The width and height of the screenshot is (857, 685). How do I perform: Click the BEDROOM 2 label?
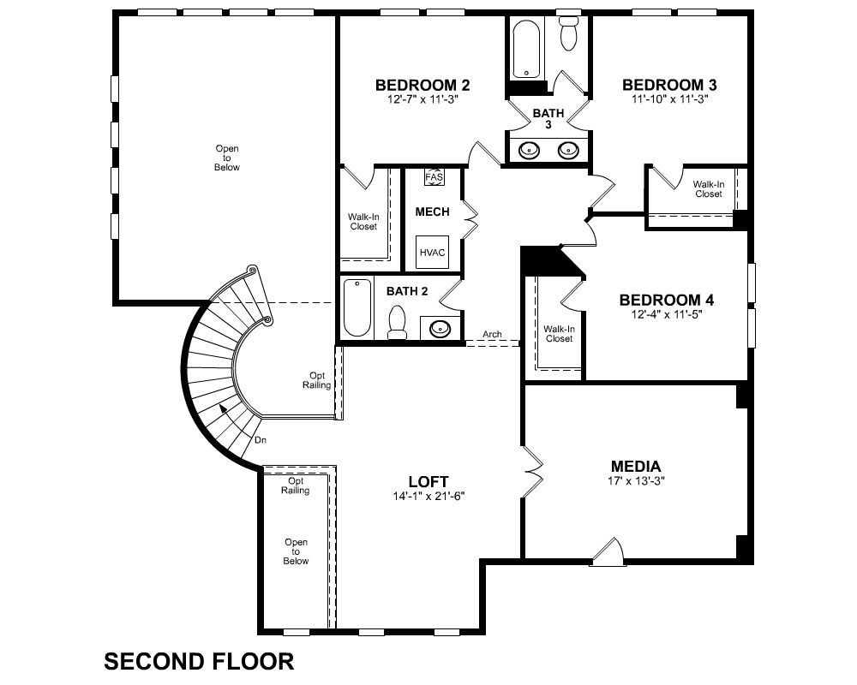423,86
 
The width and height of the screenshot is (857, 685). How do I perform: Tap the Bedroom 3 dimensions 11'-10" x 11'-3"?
669,98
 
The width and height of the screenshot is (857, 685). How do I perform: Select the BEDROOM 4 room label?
666,300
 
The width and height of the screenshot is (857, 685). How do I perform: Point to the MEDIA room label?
636,467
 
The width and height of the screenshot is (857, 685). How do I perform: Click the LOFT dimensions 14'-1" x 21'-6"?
428,496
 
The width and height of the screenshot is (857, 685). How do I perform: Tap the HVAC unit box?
432,253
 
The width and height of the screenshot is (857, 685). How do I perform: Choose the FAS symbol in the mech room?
434,177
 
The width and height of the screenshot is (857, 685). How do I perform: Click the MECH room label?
432,212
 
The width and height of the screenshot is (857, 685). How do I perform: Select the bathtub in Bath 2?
357,307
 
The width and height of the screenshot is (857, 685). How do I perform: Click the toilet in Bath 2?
397,323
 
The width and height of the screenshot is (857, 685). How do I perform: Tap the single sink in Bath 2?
440,328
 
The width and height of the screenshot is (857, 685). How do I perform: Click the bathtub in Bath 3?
526,49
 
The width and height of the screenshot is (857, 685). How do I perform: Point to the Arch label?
492,334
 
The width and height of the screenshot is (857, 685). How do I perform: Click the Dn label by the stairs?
261,440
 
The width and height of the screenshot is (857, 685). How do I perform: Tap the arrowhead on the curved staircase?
224,408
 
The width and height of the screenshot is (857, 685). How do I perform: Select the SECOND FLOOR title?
199,662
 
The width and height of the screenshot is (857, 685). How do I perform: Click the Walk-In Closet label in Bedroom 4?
559,334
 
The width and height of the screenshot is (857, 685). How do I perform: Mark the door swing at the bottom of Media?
608,551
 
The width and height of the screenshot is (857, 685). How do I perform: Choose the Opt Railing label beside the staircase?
316,380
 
